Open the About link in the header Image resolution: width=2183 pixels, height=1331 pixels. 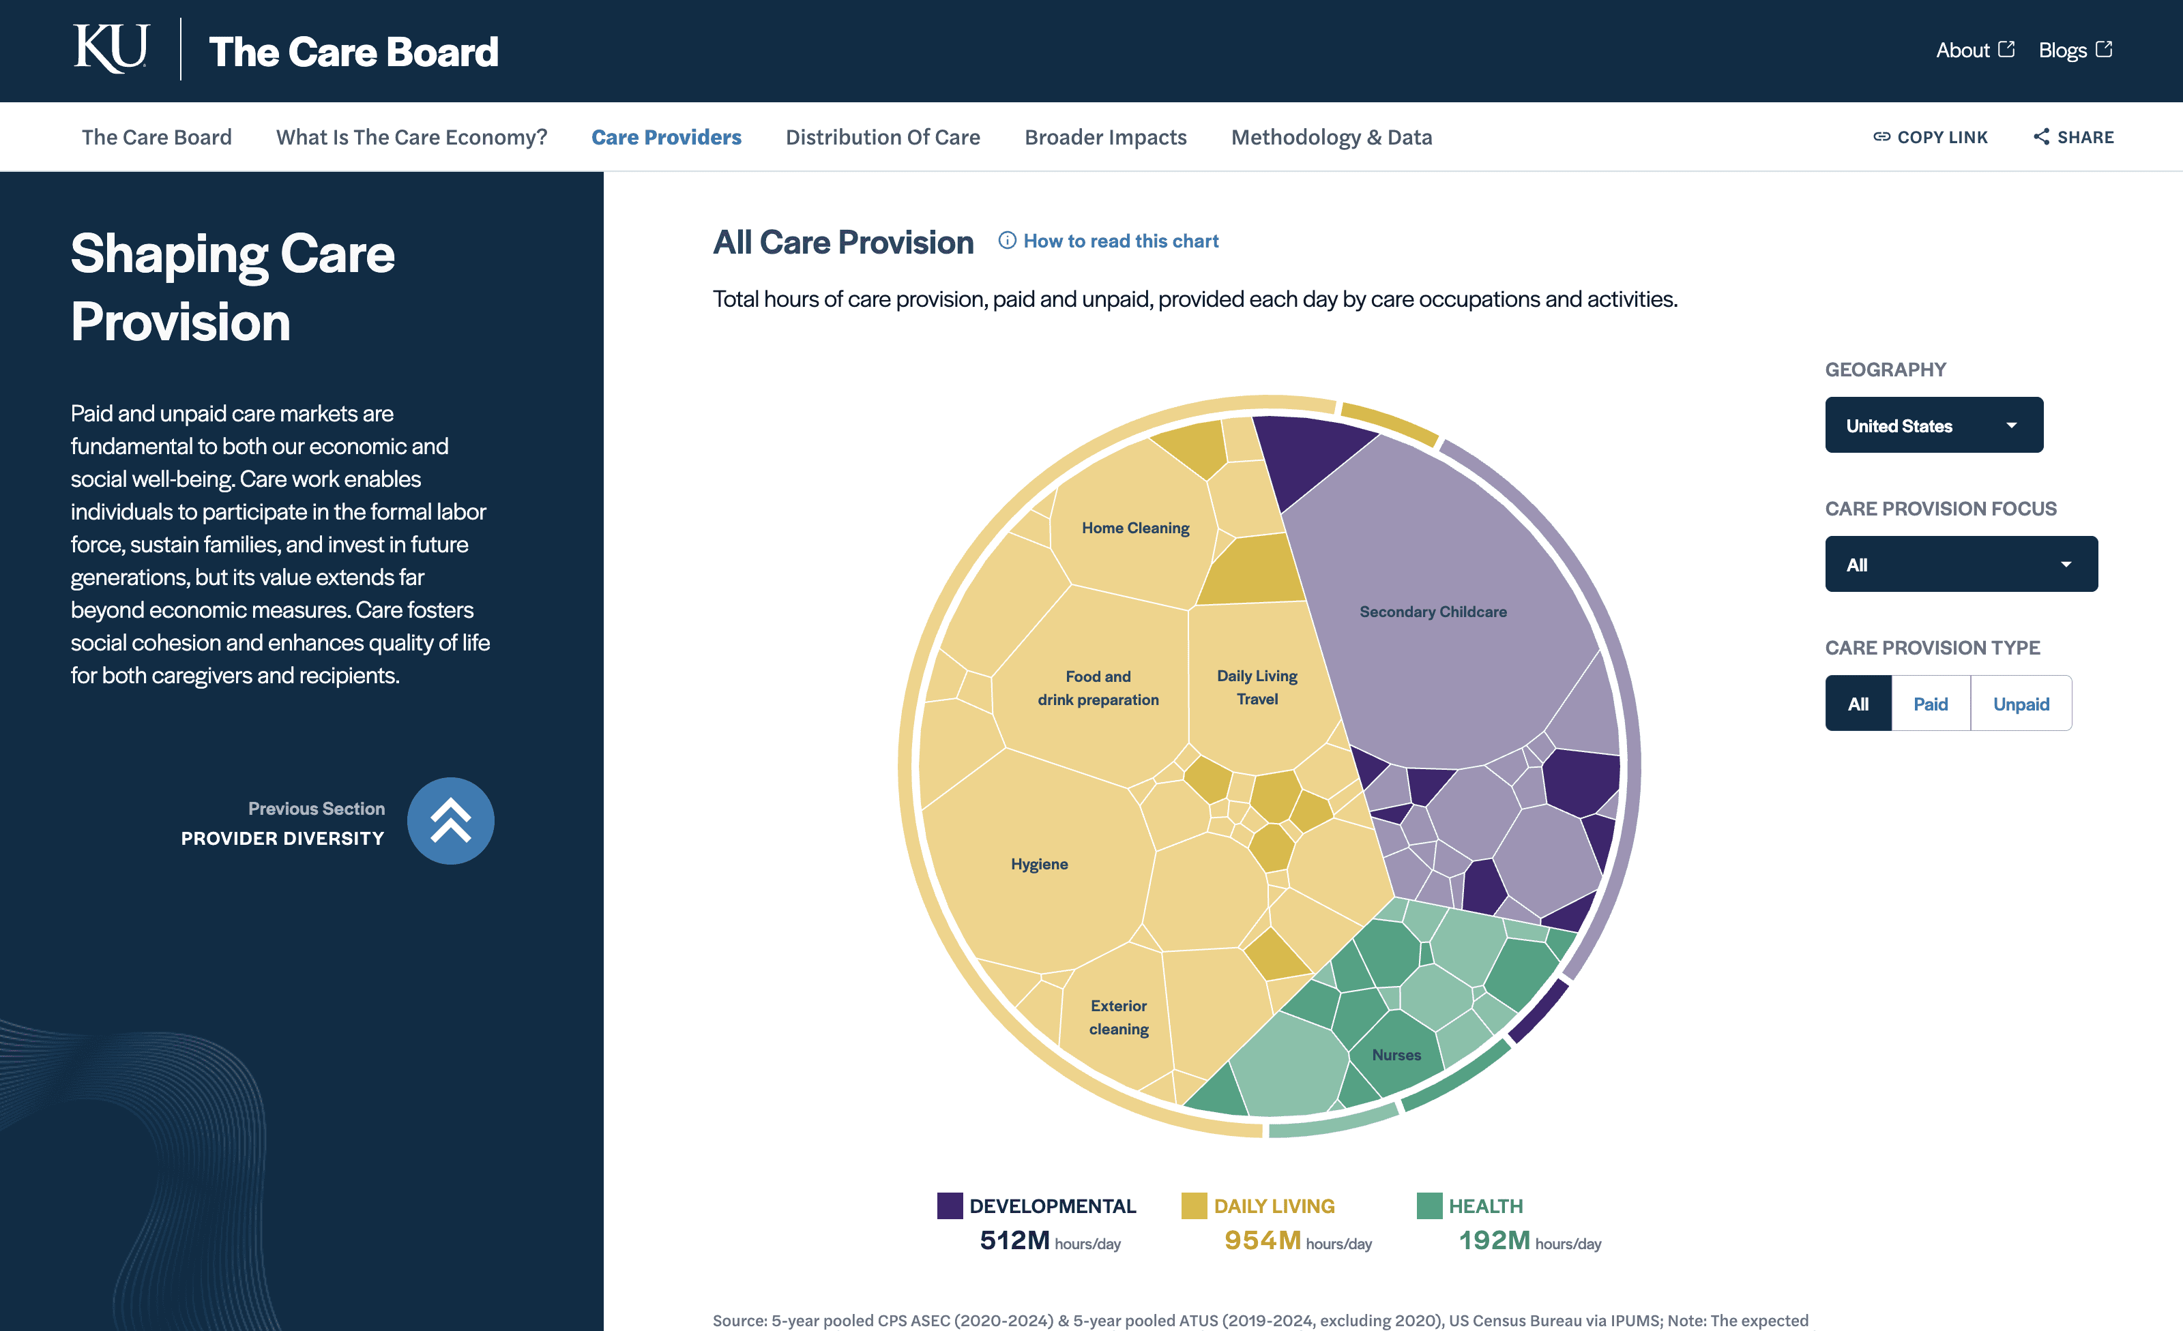pyautogui.click(x=1974, y=50)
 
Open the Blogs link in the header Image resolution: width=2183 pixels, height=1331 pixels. pyautogui.click(x=2074, y=50)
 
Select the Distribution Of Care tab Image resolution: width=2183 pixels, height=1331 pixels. pyautogui.click(x=883, y=137)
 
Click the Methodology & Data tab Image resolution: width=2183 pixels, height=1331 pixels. pyautogui.click(x=1331, y=137)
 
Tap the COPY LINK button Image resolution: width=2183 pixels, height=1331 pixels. pyautogui.click(x=1930, y=137)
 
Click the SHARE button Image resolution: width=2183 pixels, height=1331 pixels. pyautogui.click(x=2073, y=137)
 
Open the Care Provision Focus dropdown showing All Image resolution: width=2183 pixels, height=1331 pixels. pyautogui.click(x=1961, y=564)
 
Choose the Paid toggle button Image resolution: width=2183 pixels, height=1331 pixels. pyautogui.click(x=1930, y=704)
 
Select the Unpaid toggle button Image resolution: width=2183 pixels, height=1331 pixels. pyautogui.click(x=2021, y=704)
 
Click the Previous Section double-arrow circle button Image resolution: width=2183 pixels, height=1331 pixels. pyautogui.click(x=450, y=821)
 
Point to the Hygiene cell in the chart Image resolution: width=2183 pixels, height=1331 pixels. pyautogui.click(x=1039, y=863)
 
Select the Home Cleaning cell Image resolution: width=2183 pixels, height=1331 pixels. pyautogui.click(x=1135, y=528)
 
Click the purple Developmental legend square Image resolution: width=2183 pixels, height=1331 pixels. pyautogui.click(x=950, y=1206)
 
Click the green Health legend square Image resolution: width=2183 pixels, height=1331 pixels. pyautogui.click(x=1429, y=1206)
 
